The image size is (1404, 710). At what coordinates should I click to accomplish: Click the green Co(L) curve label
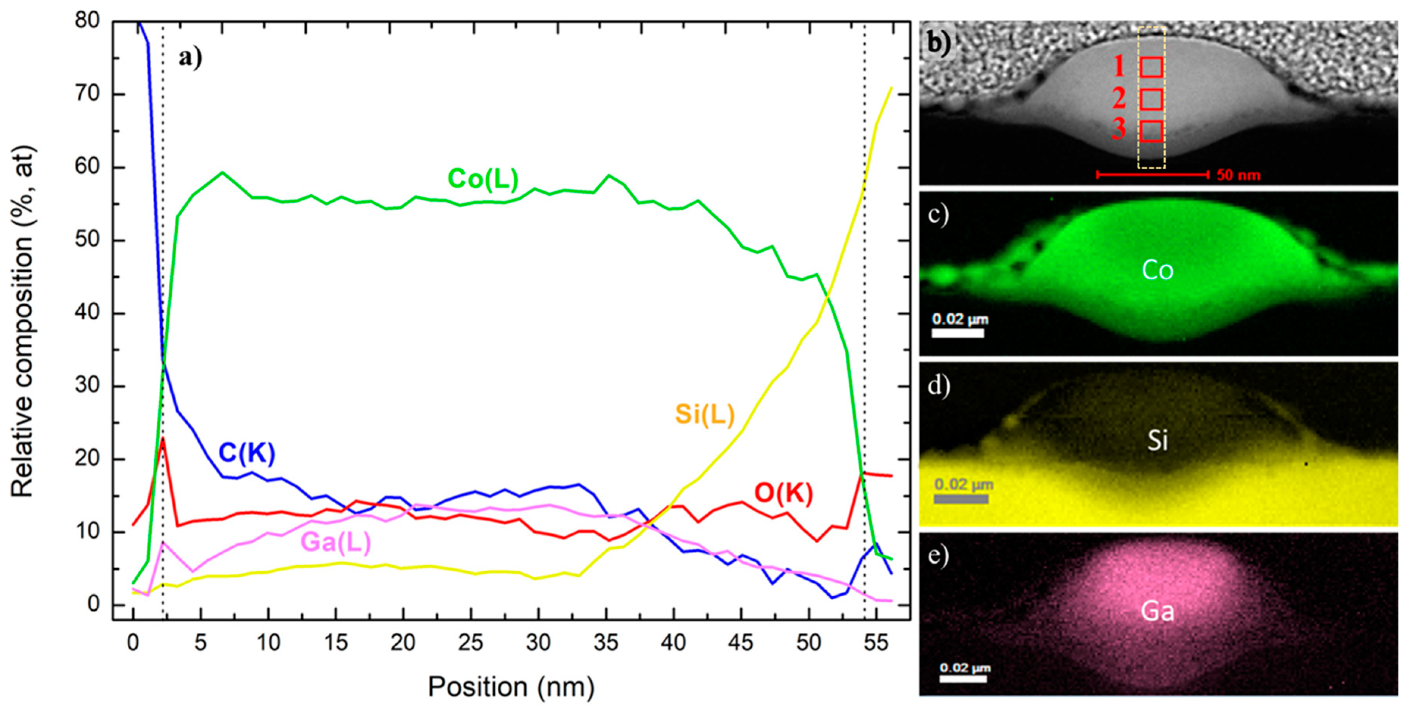click(x=483, y=179)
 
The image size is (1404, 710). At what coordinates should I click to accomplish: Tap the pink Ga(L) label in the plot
click(x=336, y=542)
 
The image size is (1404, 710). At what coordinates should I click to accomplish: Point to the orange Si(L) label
click(x=704, y=414)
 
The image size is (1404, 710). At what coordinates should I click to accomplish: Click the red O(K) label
click(x=783, y=494)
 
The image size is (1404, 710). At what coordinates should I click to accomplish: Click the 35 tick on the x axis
click(x=605, y=643)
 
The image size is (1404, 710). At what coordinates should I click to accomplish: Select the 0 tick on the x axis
click(x=133, y=643)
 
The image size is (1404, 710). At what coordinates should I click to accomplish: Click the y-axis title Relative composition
click(x=23, y=322)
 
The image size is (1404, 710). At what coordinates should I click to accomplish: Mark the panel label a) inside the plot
click(x=190, y=57)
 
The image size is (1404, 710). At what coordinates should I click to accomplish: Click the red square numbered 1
click(x=1151, y=67)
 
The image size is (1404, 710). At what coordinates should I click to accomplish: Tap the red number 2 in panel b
click(x=1119, y=99)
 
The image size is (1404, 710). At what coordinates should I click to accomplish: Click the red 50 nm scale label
click(x=1238, y=175)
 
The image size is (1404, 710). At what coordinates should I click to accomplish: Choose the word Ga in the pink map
click(x=1157, y=611)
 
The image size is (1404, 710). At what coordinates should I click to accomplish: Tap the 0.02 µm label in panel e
click(x=965, y=668)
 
